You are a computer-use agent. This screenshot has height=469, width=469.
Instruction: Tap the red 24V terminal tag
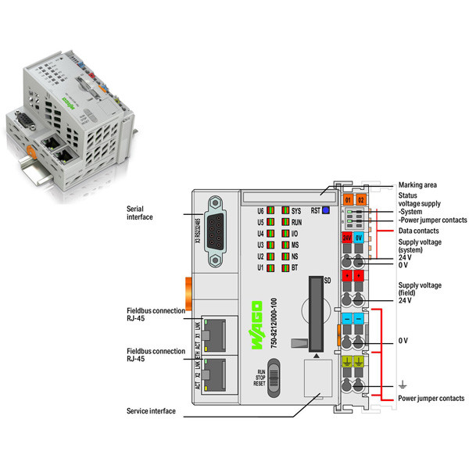click(x=347, y=238)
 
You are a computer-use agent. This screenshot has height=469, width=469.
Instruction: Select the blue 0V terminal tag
click(x=360, y=238)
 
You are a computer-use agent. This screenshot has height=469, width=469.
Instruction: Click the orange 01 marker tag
click(x=347, y=201)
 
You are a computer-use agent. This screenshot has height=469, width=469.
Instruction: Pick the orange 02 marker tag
click(x=360, y=201)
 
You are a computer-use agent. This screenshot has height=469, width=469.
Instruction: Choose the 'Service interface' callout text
click(x=151, y=410)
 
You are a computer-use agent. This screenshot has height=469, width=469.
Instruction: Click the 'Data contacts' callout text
click(x=419, y=231)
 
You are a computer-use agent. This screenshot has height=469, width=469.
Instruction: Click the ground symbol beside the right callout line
click(x=403, y=383)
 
